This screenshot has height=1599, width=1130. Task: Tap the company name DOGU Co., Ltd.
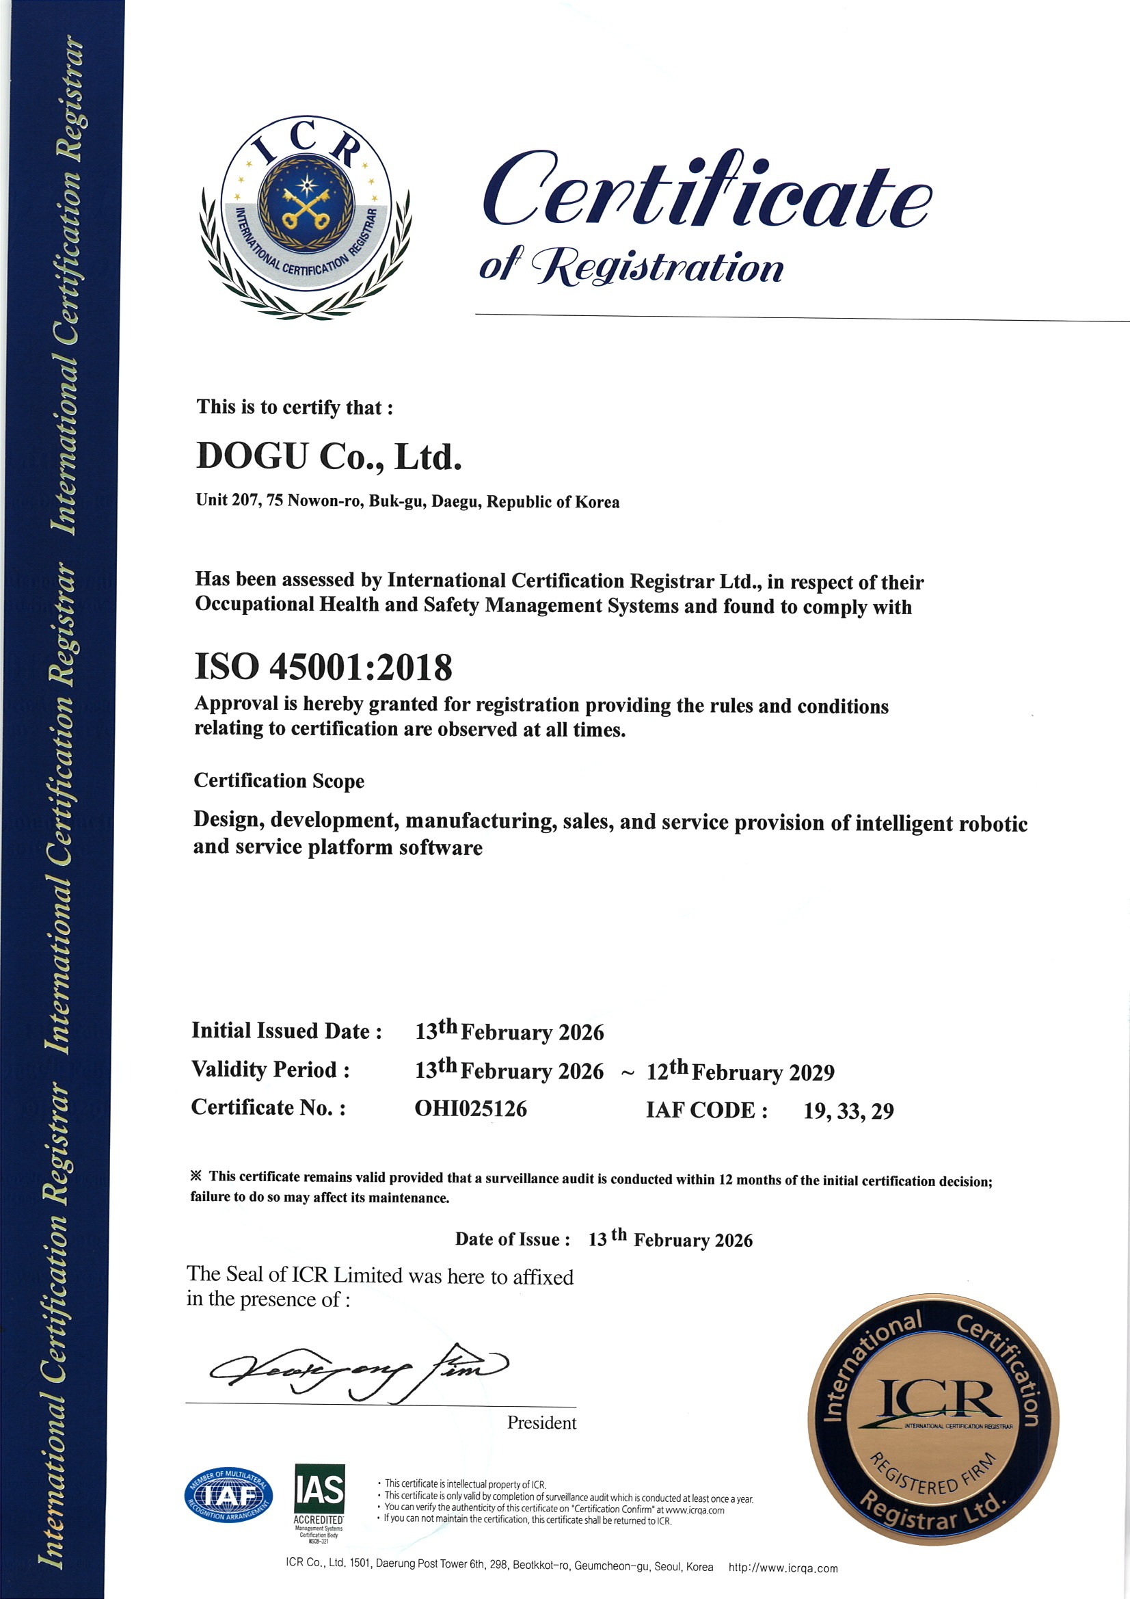pos(329,457)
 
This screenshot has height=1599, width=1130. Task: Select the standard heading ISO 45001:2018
pos(323,667)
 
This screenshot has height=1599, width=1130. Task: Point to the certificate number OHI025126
pos(470,1108)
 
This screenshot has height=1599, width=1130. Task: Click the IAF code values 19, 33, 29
pos(848,1111)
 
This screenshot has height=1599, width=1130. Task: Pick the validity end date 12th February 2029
pos(740,1071)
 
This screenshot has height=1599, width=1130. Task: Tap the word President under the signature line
pos(541,1423)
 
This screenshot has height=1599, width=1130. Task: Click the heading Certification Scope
pos(278,781)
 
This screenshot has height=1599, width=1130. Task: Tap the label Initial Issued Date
pos(286,1031)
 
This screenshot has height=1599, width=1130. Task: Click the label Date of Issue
pos(513,1239)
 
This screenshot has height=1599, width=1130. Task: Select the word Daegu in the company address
pos(455,501)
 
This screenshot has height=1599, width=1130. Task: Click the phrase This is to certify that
pos(295,407)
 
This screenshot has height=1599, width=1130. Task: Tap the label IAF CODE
pos(706,1110)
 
